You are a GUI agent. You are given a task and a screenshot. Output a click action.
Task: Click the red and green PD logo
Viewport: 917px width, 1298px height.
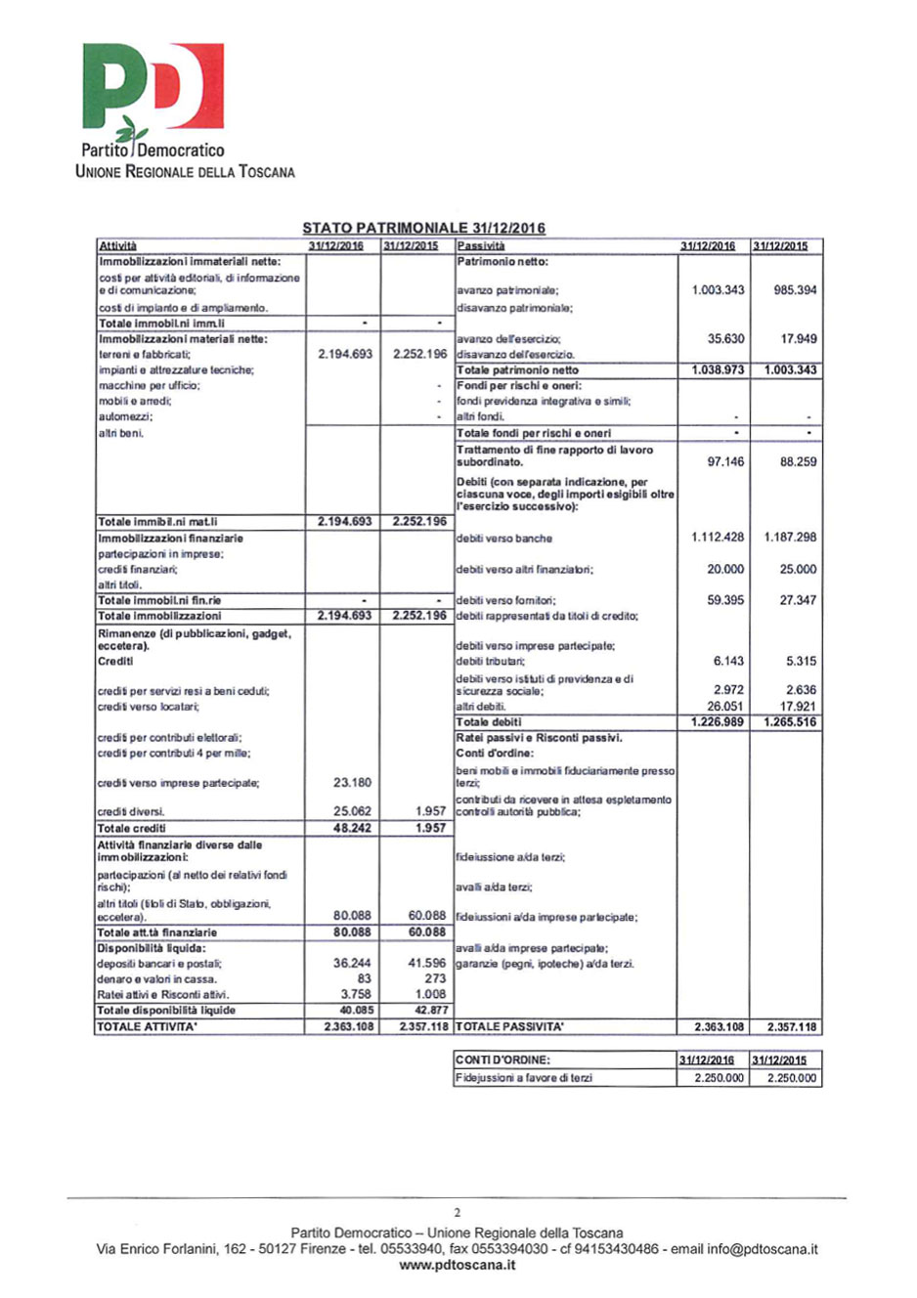click(153, 89)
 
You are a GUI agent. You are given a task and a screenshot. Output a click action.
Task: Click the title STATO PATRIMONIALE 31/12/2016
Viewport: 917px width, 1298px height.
click(423, 228)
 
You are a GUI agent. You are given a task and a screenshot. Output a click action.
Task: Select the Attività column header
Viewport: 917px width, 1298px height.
click(117, 245)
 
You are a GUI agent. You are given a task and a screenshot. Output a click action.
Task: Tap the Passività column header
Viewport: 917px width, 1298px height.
click(481, 245)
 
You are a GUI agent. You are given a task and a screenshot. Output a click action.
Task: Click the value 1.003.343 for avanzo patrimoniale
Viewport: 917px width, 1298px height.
click(718, 290)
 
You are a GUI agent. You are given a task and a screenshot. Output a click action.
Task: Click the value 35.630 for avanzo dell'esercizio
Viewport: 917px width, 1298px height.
click(725, 339)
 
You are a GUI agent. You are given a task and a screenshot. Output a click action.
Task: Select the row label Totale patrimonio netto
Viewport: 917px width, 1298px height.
click(517, 370)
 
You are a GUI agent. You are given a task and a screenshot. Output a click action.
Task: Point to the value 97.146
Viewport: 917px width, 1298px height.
click(725, 461)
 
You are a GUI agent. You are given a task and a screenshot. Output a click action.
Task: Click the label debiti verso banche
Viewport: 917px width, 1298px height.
click(504, 539)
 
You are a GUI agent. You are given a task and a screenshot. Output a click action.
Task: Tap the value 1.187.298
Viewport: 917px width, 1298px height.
click(786, 538)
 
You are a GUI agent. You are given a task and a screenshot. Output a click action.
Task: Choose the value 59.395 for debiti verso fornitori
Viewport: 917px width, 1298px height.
click(725, 600)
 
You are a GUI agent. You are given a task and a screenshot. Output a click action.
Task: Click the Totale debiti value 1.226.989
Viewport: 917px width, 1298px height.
click(718, 722)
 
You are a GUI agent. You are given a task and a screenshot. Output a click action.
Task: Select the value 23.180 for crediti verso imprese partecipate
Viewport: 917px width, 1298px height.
click(352, 783)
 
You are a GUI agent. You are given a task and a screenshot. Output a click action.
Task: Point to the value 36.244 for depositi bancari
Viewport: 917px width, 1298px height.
click(352, 963)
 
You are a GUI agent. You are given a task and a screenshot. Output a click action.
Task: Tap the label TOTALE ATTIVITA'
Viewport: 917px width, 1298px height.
click(147, 1027)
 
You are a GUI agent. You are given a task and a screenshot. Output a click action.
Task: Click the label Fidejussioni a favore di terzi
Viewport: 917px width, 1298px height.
click(524, 1078)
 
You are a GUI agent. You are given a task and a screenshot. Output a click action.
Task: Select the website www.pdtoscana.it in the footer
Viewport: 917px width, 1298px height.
click(458, 1265)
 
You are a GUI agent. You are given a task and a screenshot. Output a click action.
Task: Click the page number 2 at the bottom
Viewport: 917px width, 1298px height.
click(458, 1213)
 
